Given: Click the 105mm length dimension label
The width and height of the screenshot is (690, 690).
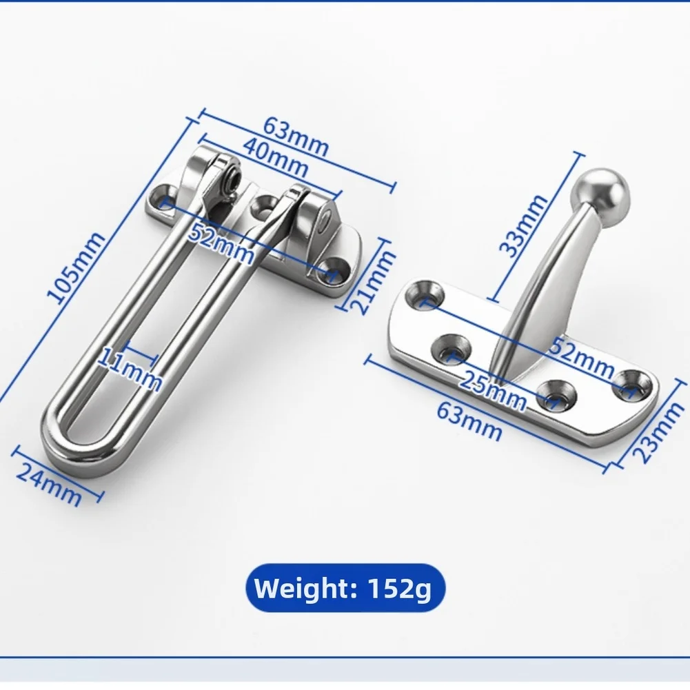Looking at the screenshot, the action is pyautogui.click(x=76, y=268).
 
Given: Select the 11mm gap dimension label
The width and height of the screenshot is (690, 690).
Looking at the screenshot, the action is pyautogui.click(x=129, y=369).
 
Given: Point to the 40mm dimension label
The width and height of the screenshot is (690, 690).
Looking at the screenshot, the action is pyautogui.click(x=276, y=157).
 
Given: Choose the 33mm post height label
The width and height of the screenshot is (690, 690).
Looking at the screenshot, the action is pyautogui.click(x=523, y=225).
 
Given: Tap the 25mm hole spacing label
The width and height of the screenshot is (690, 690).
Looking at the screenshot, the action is pyautogui.click(x=493, y=390).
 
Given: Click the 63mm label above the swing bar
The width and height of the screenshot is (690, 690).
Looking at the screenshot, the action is pyautogui.click(x=296, y=135).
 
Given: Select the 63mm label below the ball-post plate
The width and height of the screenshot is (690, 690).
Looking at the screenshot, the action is pyautogui.click(x=469, y=421).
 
